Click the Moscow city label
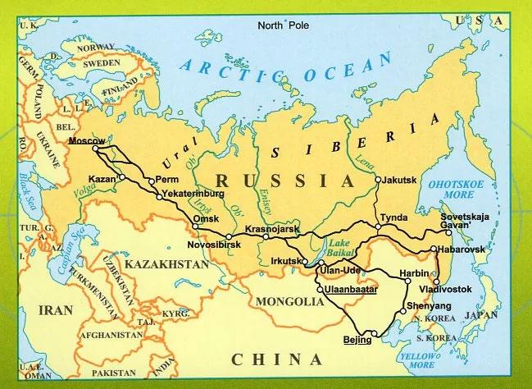click(x=86, y=141)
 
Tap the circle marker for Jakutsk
click(x=378, y=179)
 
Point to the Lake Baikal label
click(x=344, y=249)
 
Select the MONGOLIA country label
click(x=289, y=301)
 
